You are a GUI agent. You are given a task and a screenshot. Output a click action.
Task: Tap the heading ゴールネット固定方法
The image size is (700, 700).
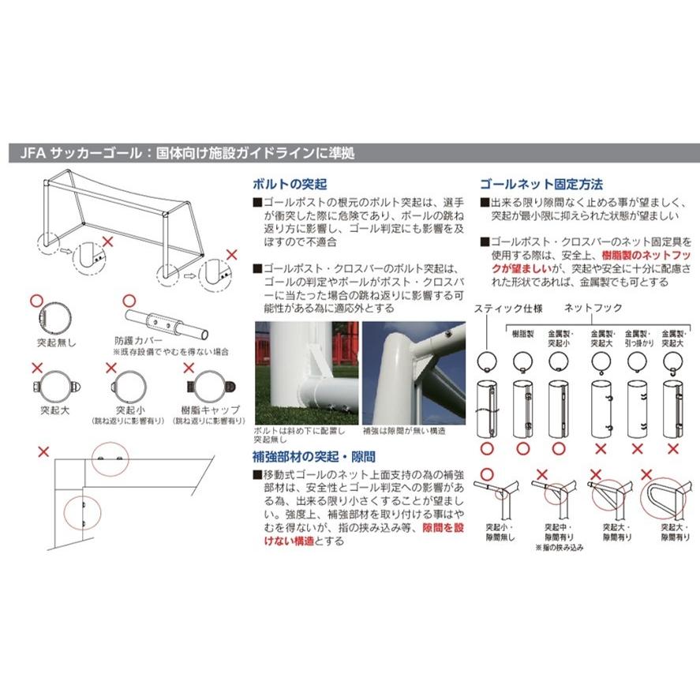tap(541, 185)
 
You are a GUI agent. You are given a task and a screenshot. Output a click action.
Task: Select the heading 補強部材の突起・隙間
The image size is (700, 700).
tap(313, 456)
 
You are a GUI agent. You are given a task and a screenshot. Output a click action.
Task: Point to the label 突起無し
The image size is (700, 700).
tap(53, 343)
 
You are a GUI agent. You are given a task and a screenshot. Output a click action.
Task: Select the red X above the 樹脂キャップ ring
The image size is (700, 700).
tap(189, 367)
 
